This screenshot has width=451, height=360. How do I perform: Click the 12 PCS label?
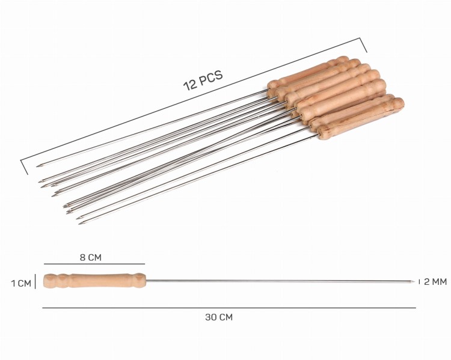(203, 80)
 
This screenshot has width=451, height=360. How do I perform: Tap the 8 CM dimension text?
(91, 257)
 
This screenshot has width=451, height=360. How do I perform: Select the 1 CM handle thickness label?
(21, 283)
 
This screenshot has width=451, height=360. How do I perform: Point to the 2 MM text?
(435, 282)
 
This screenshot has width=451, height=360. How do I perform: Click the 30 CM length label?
(219, 317)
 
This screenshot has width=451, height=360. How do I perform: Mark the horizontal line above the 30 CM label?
(229, 308)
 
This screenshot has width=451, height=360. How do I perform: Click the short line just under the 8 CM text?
(94, 264)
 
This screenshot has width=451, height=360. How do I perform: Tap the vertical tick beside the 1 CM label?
(35, 281)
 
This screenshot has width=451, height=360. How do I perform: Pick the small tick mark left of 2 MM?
(419, 281)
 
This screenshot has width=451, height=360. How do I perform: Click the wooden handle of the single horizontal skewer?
(94, 281)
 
